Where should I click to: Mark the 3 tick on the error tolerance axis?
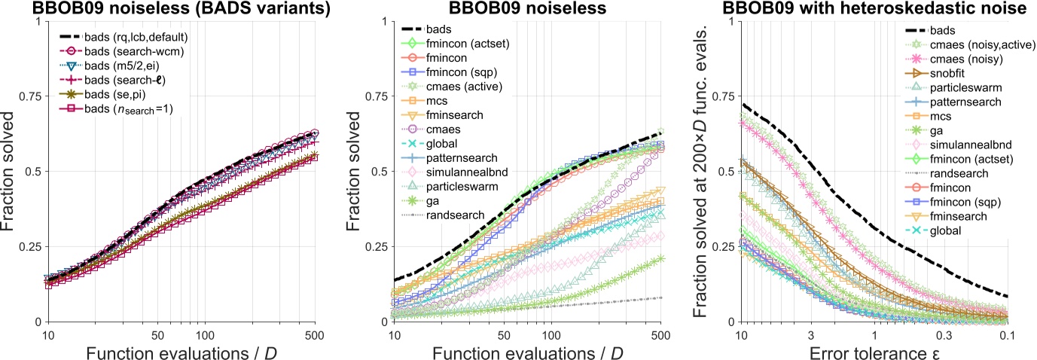pyautogui.click(x=810, y=334)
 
